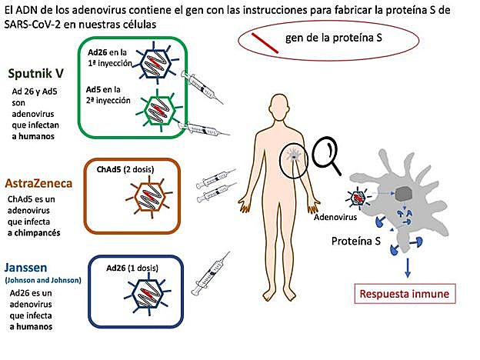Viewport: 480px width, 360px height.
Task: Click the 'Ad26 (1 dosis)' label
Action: (x=135, y=266)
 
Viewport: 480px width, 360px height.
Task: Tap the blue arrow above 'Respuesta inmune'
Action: (x=407, y=265)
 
